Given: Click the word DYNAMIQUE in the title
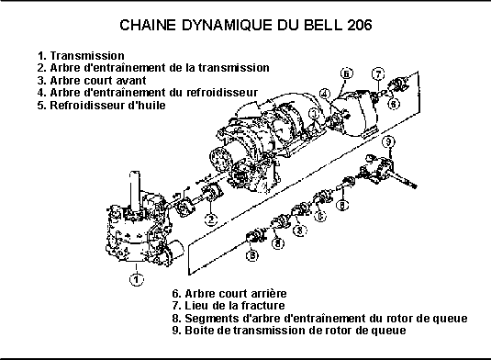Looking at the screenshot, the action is (227, 25).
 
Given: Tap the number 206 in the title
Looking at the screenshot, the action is (360, 25).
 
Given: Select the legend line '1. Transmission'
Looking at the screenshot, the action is (81, 56).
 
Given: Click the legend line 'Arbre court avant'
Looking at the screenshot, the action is (92, 81).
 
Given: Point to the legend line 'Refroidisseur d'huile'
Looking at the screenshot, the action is (102, 106).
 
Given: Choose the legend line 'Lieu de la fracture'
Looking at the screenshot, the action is (229, 306).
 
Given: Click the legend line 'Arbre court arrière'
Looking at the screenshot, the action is (229, 294).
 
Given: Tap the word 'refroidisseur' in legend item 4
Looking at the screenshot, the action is (222, 93).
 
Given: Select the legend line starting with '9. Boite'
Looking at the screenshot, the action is (289, 331).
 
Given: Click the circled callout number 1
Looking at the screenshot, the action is (137, 279).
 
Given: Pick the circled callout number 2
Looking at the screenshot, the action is (211, 219).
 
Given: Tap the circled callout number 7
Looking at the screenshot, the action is (378, 74).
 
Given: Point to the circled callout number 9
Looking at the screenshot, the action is (388, 142).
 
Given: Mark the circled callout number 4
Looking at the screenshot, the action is (325, 94).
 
